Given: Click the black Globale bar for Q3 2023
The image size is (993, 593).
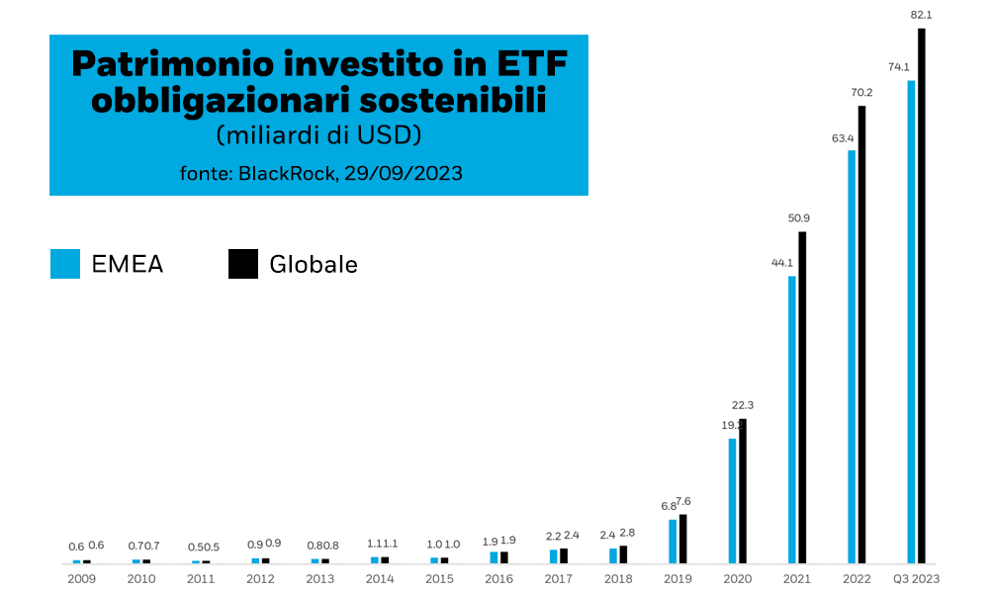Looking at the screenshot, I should (x=922, y=296).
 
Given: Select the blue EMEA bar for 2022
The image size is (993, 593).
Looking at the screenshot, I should (x=852, y=356).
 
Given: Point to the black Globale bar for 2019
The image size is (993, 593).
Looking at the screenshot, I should (x=682, y=539).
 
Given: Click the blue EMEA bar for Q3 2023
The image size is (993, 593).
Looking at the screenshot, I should (x=911, y=321).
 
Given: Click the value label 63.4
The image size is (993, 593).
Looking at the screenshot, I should (x=843, y=137).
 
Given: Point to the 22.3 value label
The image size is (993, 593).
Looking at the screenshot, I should (x=743, y=405).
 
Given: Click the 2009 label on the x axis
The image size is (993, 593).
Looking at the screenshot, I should (x=81, y=579).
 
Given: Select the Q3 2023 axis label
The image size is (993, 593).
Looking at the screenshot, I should (x=915, y=579).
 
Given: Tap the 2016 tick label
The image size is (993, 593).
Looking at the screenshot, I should (x=498, y=579).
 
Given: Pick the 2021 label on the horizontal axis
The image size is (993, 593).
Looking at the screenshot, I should (x=797, y=579).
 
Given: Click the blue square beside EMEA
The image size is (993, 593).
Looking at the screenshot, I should (x=65, y=264).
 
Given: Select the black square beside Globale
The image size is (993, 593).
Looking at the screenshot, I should (x=243, y=264).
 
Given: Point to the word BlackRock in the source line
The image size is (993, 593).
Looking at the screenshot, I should (x=288, y=173).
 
